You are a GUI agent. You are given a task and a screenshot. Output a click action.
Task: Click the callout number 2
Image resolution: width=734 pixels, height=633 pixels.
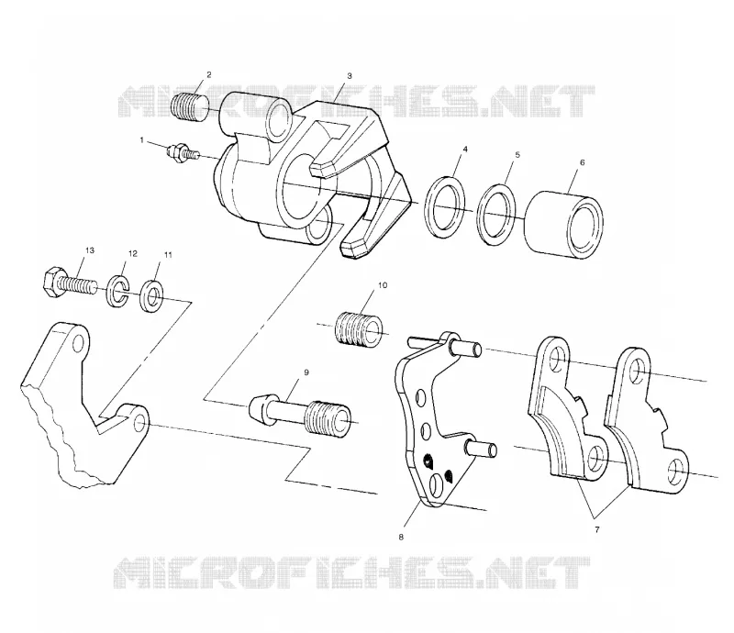pyautogui.click(x=209, y=74)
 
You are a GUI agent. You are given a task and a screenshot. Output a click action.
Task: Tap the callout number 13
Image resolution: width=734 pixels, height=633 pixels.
pyautogui.click(x=89, y=250)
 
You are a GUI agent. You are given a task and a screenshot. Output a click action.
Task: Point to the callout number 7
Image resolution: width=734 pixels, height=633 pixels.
pyautogui.click(x=597, y=530)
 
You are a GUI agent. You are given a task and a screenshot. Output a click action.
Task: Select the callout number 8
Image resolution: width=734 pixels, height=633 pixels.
pyautogui.click(x=401, y=537)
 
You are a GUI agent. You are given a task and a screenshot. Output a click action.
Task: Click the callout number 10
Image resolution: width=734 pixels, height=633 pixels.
pyautogui.click(x=383, y=284)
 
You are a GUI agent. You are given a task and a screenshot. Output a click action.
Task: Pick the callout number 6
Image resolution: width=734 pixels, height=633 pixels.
pyautogui.click(x=583, y=162)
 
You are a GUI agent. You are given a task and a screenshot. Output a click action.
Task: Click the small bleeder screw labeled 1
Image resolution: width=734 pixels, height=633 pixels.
pyautogui.click(x=183, y=152)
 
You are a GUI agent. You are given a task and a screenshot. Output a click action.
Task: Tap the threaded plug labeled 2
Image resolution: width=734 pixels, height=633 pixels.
pyautogui.click(x=191, y=107)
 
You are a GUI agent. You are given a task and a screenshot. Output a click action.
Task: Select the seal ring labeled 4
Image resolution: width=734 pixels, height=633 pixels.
pyautogui.click(x=445, y=207)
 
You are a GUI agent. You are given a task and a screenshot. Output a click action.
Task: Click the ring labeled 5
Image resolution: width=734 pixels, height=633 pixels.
pyautogui.click(x=496, y=214)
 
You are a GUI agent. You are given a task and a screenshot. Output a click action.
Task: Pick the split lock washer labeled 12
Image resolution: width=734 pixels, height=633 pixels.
pyautogui.click(x=118, y=291)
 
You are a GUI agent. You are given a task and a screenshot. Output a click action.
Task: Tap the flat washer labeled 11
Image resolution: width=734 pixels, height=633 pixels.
pyautogui.click(x=151, y=295)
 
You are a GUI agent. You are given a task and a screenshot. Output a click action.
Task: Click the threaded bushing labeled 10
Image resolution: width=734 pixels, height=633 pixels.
pyautogui.click(x=358, y=331)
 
